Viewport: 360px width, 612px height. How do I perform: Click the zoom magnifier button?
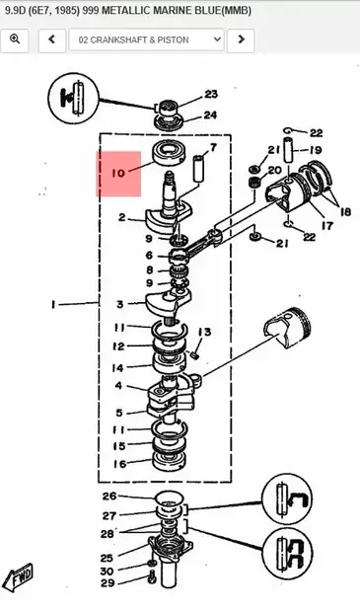[15, 40]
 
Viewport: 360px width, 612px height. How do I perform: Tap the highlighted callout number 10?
[119, 173]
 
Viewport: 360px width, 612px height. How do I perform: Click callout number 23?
[210, 95]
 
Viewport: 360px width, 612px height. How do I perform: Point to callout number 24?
[210, 114]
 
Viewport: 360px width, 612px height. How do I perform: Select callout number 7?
[212, 148]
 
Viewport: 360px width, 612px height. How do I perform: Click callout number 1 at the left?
[51, 305]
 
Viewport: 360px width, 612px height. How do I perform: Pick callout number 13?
[205, 331]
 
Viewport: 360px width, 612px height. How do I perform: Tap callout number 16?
[119, 463]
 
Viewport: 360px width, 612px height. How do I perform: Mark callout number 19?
[316, 150]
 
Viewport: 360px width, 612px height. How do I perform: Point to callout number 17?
[325, 224]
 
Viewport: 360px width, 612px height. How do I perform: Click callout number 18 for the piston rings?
[345, 211]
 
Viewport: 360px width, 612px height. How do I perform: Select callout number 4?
[118, 386]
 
